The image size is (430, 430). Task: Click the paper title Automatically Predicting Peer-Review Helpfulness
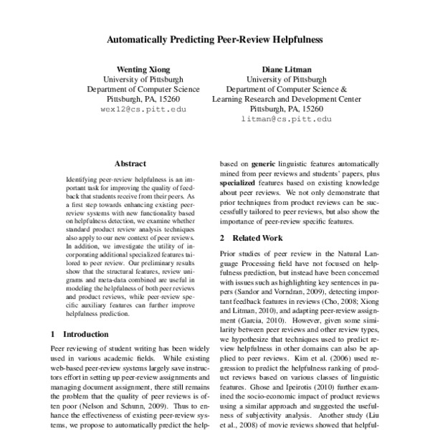[215, 41]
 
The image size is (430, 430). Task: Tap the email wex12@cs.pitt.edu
[145, 111]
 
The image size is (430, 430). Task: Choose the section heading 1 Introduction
[83, 334]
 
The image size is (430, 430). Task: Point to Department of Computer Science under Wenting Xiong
[144, 90]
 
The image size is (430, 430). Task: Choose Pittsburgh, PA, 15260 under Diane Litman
[285, 110]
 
